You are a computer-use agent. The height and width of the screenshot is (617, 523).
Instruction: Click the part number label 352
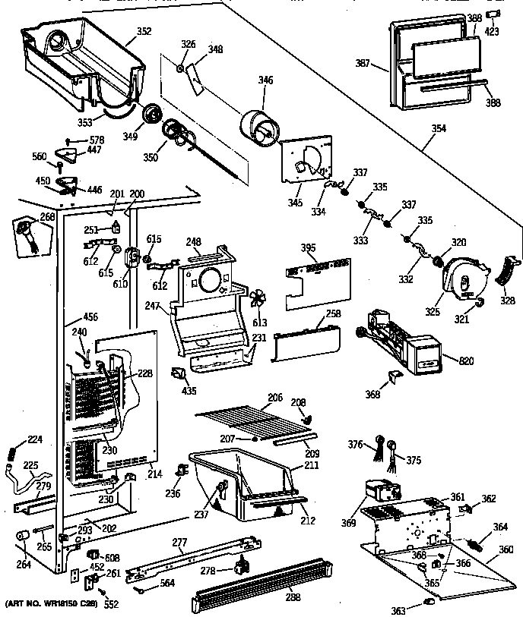tap(144, 31)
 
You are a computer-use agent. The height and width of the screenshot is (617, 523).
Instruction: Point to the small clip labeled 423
tap(493, 16)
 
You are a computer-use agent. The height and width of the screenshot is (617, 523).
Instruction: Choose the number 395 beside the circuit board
tap(308, 247)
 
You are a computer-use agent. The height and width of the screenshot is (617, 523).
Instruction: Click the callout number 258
tap(332, 313)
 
